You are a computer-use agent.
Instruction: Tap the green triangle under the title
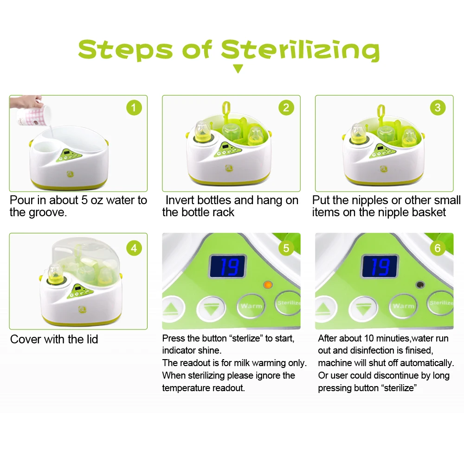(x=238, y=69)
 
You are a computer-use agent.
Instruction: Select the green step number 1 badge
(x=134, y=108)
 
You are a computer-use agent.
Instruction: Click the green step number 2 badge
(x=286, y=108)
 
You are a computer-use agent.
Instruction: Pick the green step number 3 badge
(x=438, y=108)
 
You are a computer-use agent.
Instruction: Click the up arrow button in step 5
(x=172, y=308)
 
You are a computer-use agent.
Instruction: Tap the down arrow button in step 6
(x=363, y=308)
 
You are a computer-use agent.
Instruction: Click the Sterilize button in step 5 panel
(x=289, y=303)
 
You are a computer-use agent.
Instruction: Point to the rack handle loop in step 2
(x=226, y=110)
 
